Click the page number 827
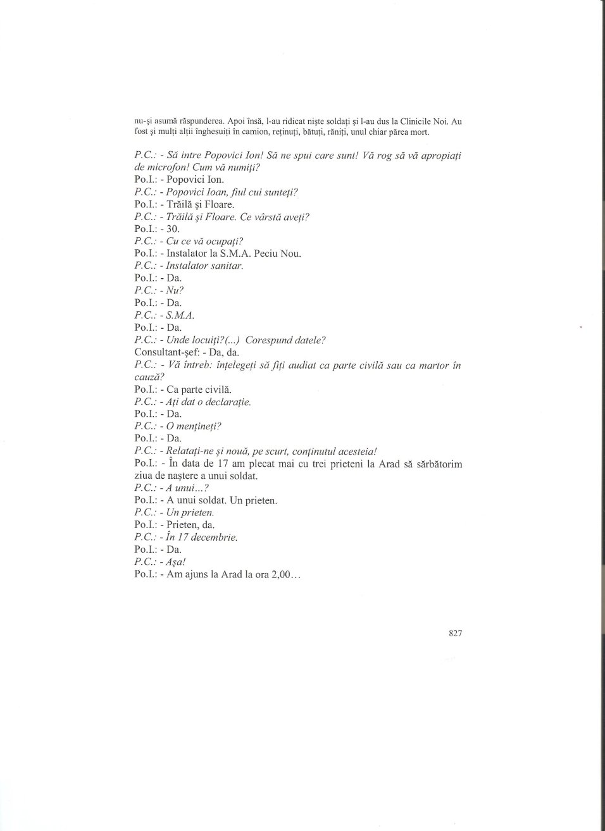[455, 634]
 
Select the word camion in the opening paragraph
[268, 133]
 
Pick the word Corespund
[270, 340]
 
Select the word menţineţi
[198, 426]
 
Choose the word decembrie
[213, 538]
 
